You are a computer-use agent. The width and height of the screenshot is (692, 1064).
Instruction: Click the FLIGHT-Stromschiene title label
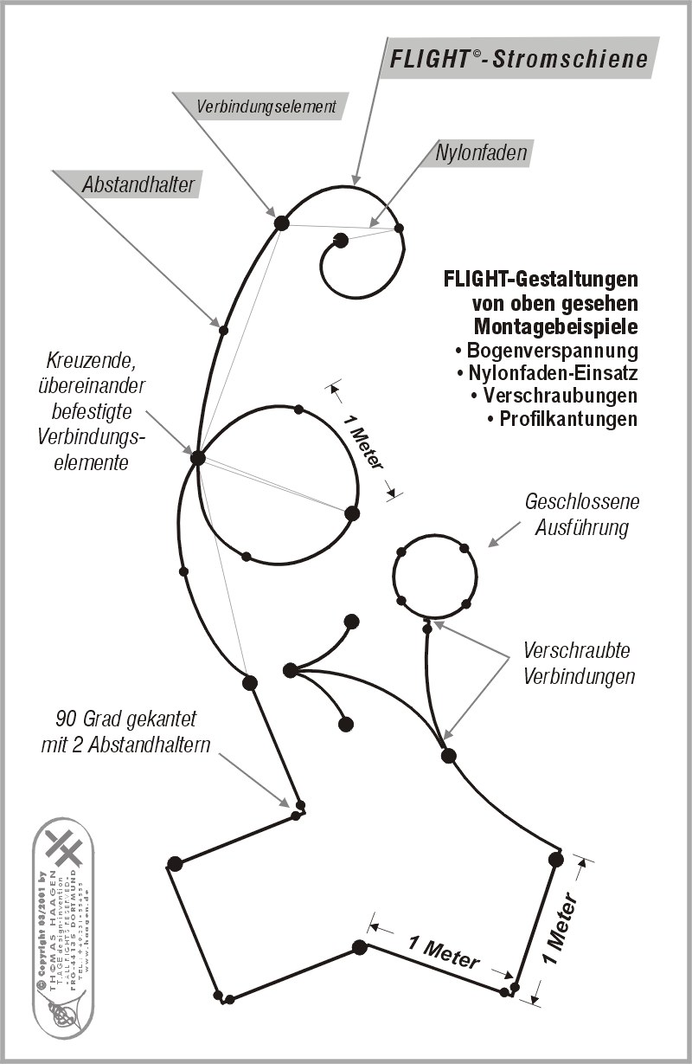518,59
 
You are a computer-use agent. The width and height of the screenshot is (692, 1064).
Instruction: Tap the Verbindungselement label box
266,107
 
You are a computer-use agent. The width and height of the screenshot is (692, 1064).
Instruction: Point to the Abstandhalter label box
138,184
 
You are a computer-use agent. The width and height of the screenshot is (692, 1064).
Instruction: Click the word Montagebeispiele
555,327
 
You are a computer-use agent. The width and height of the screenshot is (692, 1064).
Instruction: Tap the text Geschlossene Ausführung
582,514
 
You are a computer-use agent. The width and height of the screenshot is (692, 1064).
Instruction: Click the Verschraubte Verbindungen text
579,663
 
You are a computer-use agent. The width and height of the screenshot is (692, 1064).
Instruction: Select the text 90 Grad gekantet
126,719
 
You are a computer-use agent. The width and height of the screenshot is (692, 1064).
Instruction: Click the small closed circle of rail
434,576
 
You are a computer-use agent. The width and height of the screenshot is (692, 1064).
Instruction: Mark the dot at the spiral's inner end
341,240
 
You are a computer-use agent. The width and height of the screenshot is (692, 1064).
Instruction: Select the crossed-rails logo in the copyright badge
64,847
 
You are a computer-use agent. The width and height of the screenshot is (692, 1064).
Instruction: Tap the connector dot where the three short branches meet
291,669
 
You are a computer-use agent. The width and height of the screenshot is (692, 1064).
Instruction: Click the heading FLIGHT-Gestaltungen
541,281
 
